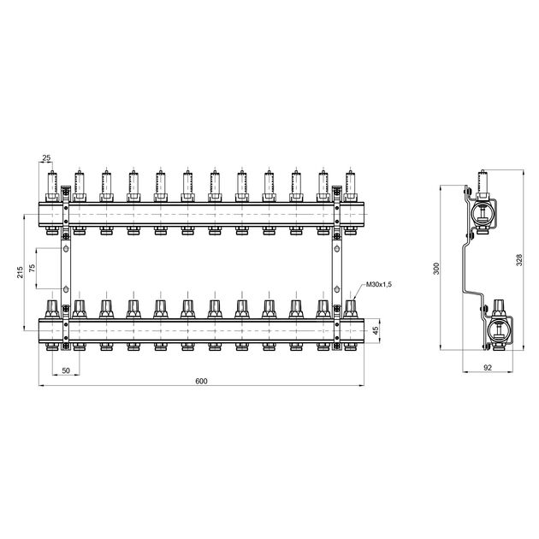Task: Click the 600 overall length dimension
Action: (x=201, y=381)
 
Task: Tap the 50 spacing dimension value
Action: (x=66, y=370)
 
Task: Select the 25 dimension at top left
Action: (x=46, y=157)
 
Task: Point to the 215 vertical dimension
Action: (x=21, y=272)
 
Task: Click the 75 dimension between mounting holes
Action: (x=33, y=268)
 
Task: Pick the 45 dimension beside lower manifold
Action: (x=376, y=330)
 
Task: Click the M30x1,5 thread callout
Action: (x=379, y=284)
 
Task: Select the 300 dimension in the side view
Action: (x=436, y=269)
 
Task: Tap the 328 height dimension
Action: (x=519, y=260)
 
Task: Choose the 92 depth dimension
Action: (x=488, y=368)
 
